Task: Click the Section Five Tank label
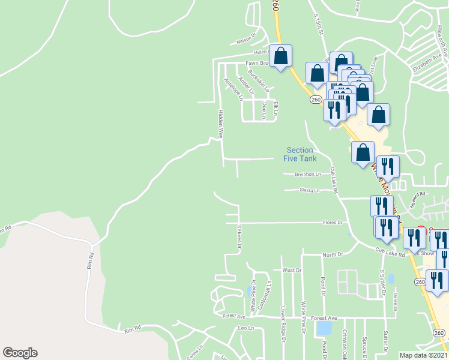[300, 154]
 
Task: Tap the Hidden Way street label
[220, 124]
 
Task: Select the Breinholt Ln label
[308, 174]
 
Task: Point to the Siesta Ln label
[309, 190]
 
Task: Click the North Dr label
[331, 254]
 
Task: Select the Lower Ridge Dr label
[282, 325]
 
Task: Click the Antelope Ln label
[231, 89]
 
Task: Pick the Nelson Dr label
[246, 41]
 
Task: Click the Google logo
[20, 353]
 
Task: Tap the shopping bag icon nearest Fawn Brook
[280, 56]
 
